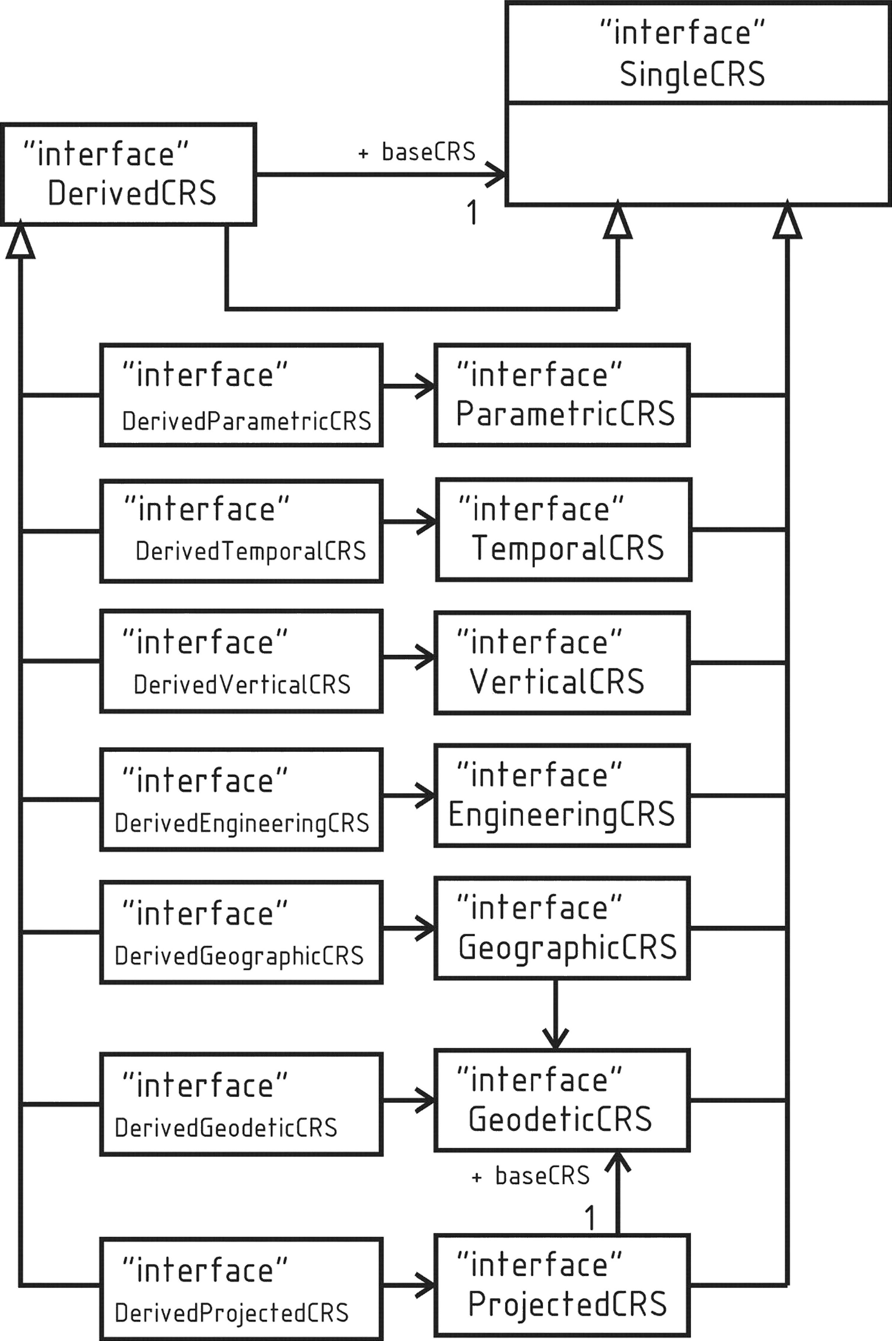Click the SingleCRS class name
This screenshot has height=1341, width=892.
coord(692,74)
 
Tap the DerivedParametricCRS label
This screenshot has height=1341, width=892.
coord(246,421)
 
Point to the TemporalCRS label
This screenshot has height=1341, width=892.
coord(568,548)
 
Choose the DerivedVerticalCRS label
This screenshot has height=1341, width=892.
coord(242,684)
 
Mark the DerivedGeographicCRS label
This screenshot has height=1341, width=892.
coord(239,956)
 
